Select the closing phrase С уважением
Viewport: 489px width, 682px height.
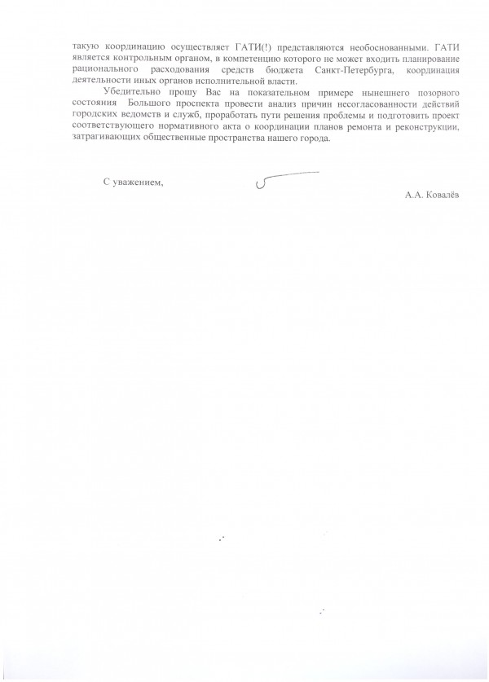coord(134,182)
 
